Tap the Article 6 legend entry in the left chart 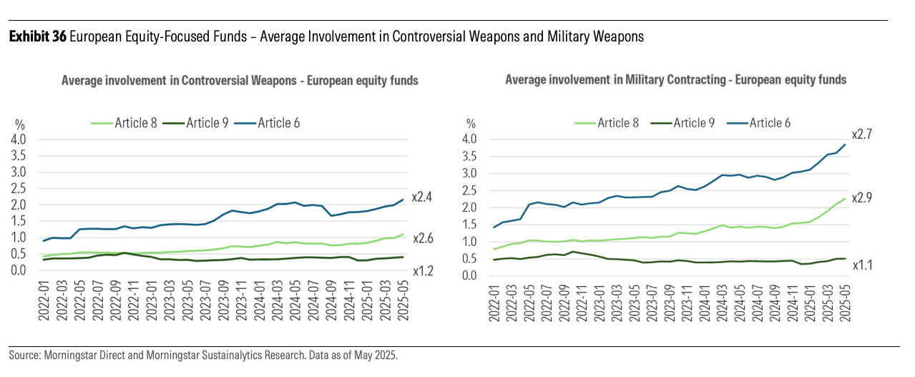pos(275,122)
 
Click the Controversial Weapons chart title pos(240,81)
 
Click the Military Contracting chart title pos(675,79)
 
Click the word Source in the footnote pos(23,356)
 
